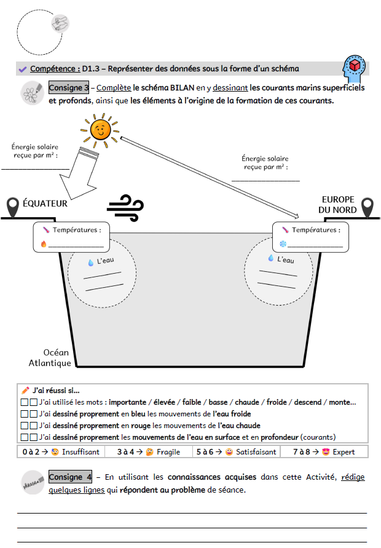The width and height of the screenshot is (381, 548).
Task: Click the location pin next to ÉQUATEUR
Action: pyautogui.click(x=13, y=207)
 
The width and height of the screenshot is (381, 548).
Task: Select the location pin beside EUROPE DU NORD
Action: pyautogui.click(x=367, y=207)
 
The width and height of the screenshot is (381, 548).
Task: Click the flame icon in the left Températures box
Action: pyautogui.click(x=44, y=244)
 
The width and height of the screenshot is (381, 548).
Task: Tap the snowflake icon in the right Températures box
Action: pyautogui.click(x=283, y=244)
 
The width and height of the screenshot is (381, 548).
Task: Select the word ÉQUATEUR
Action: pyautogui.click(x=45, y=203)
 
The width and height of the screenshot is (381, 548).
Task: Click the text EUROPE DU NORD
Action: pyautogui.click(x=338, y=205)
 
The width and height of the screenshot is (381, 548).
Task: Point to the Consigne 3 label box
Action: pyautogui.click(x=69, y=87)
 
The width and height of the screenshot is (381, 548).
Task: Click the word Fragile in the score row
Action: pyautogui.click(x=168, y=451)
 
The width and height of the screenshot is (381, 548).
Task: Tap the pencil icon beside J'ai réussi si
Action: pyautogui.click(x=25, y=390)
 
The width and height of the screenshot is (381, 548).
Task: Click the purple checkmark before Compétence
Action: pyautogui.click(x=23, y=69)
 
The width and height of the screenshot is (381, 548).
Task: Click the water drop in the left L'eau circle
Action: pyautogui.click(x=91, y=263)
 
